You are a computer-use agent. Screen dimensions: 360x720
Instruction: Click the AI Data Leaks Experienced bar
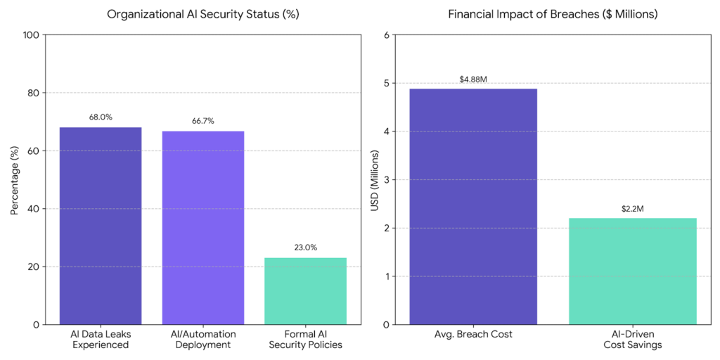click(101, 226)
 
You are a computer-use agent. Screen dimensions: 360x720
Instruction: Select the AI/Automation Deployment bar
click(203, 228)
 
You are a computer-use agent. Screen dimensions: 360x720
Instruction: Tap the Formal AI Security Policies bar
click(306, 291)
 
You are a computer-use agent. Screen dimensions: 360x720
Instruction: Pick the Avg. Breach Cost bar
click(473, 207)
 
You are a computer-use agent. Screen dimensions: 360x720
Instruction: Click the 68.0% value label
click(101, 117)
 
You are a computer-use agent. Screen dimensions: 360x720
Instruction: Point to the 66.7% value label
click(203, 121)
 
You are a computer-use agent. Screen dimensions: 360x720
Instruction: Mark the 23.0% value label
click(306, 247)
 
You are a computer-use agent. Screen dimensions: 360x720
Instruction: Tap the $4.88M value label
click(473, 79)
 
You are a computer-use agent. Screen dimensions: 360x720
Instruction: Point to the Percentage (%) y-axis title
click(15, 180)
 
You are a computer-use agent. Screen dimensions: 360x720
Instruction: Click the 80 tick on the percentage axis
click(33, 93)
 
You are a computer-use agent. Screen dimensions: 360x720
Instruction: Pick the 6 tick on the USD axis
click(387, 35)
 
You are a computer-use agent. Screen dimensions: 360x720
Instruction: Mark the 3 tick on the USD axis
click(387, 180)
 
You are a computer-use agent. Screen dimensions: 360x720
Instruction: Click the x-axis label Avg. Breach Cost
click(473, 334)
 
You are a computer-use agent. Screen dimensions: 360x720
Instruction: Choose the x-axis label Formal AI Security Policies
click(306, 339)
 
